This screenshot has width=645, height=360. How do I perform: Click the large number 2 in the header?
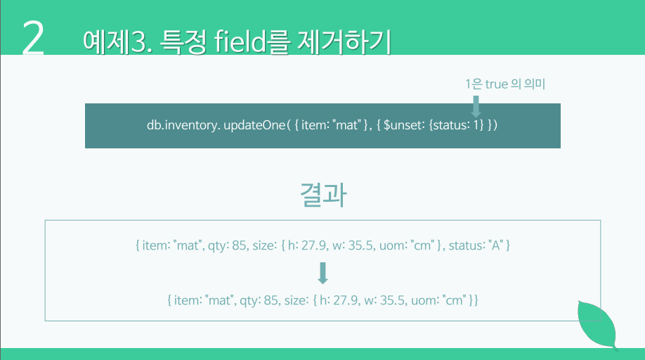[33, 38]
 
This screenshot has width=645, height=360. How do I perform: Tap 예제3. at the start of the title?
[117, 42]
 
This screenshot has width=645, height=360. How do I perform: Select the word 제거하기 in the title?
[343, 41]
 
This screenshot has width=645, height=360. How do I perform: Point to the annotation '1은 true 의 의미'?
[505, 84]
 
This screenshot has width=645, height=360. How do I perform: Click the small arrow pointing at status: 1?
[476, 106]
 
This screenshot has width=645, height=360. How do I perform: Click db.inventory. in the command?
[183, 125]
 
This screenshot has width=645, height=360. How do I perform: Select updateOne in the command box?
[254, 125]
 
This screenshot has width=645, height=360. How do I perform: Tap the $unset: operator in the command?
[405, 125]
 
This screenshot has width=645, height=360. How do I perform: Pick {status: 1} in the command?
[456, 125]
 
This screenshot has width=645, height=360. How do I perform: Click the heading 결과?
[323, 194]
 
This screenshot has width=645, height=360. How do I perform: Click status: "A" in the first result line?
[475, 245]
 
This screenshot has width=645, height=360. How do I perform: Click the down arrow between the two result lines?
[323, 273]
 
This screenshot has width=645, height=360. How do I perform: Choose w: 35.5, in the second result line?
[383, 300]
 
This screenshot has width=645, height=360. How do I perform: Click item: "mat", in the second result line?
[204, 300]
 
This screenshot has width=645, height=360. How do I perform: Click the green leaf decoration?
[597, 325]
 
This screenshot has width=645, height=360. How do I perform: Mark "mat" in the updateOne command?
[346, 124]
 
